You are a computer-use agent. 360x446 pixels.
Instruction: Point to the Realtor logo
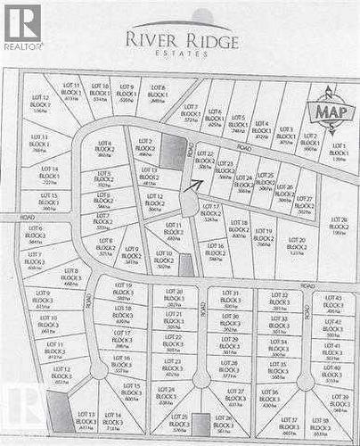coord(22,27)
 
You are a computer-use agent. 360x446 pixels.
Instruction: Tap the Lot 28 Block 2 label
coord(339,225)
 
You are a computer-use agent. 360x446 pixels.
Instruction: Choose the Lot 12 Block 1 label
coord(40,103)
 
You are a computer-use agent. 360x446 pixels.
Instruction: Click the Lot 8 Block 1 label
coord(157,93)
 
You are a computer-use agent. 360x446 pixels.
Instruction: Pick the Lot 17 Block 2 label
coord(211,212)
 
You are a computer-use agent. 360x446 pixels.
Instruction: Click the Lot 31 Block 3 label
coord(230,299)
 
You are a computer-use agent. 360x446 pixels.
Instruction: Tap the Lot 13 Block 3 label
coord(86,421)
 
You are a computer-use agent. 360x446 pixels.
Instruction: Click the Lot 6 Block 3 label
coord(36,235)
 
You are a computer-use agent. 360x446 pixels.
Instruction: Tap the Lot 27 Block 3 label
coord(235,397)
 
